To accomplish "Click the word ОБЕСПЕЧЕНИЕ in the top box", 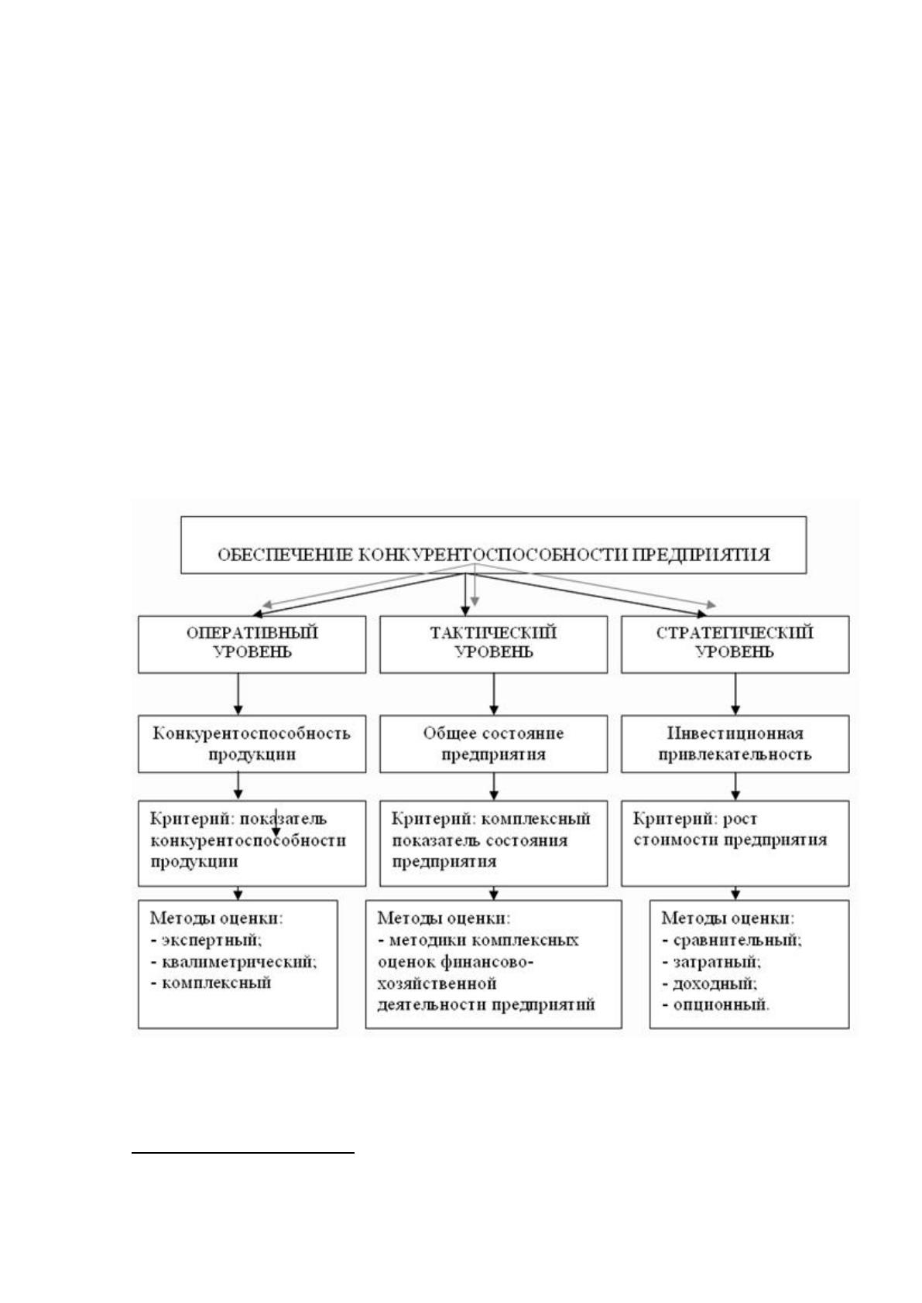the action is (285, 555).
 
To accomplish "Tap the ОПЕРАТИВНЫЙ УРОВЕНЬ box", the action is (252, 644).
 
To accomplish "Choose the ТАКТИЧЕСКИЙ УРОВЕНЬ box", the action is (494, 644).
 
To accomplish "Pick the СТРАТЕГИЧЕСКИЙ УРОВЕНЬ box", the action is (735, 644).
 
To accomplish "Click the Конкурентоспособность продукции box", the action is (252, 744).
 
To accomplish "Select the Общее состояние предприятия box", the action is (494, 744).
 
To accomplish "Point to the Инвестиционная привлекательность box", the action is (735, 744).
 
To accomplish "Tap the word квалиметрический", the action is (239, 962).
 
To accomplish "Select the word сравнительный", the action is (738, 941).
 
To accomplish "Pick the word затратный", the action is (717, 962).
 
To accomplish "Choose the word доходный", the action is (715, 983).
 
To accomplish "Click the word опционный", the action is (721, 1005).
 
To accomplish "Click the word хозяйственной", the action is (437, 983).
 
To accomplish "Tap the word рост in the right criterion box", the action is (740, 819).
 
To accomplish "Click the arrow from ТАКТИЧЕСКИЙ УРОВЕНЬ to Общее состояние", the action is (494, 694).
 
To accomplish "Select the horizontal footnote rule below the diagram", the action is (243, 1152).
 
